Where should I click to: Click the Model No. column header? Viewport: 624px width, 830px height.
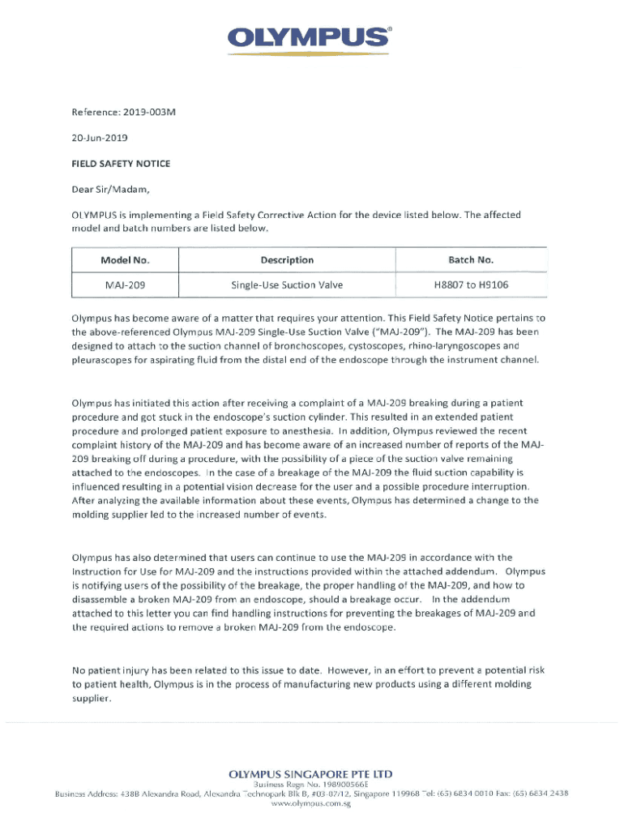click(125, 260)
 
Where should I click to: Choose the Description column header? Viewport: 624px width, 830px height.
click(287, 260)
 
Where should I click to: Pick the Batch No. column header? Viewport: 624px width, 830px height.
click(471, 260)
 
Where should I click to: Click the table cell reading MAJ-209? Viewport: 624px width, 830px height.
click(125, 285)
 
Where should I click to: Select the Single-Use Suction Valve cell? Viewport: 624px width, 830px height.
click(287, 285)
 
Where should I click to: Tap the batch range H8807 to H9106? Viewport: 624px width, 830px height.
click(471, 285)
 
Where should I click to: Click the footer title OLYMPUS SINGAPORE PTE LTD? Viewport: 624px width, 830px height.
click(311, 774)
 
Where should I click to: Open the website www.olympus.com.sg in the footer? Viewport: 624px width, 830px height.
click(311, 805)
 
